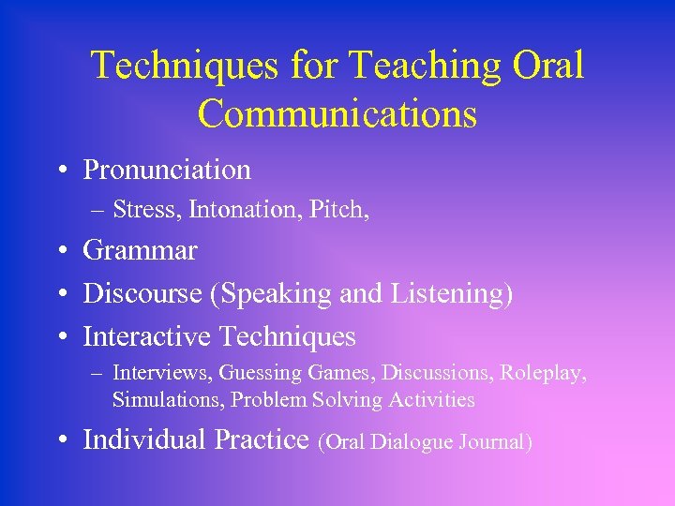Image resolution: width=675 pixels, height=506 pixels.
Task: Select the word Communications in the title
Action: pos(337,113)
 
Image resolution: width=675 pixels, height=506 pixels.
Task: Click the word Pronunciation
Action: pos(167,170)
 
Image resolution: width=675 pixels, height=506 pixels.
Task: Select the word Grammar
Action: pos(140,251)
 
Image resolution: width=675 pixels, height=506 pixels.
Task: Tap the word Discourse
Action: pos(142,293)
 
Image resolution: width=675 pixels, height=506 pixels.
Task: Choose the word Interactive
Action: pos(147,335)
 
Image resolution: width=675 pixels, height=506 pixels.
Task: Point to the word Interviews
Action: pos(161,373)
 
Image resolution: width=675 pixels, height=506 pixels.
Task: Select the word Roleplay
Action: pos(543,373)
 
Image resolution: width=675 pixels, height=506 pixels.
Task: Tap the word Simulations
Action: pos(168,400)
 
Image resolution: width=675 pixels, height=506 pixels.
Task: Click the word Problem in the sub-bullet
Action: pos(267,400)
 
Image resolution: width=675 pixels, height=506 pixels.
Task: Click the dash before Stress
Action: pos(97,211)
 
